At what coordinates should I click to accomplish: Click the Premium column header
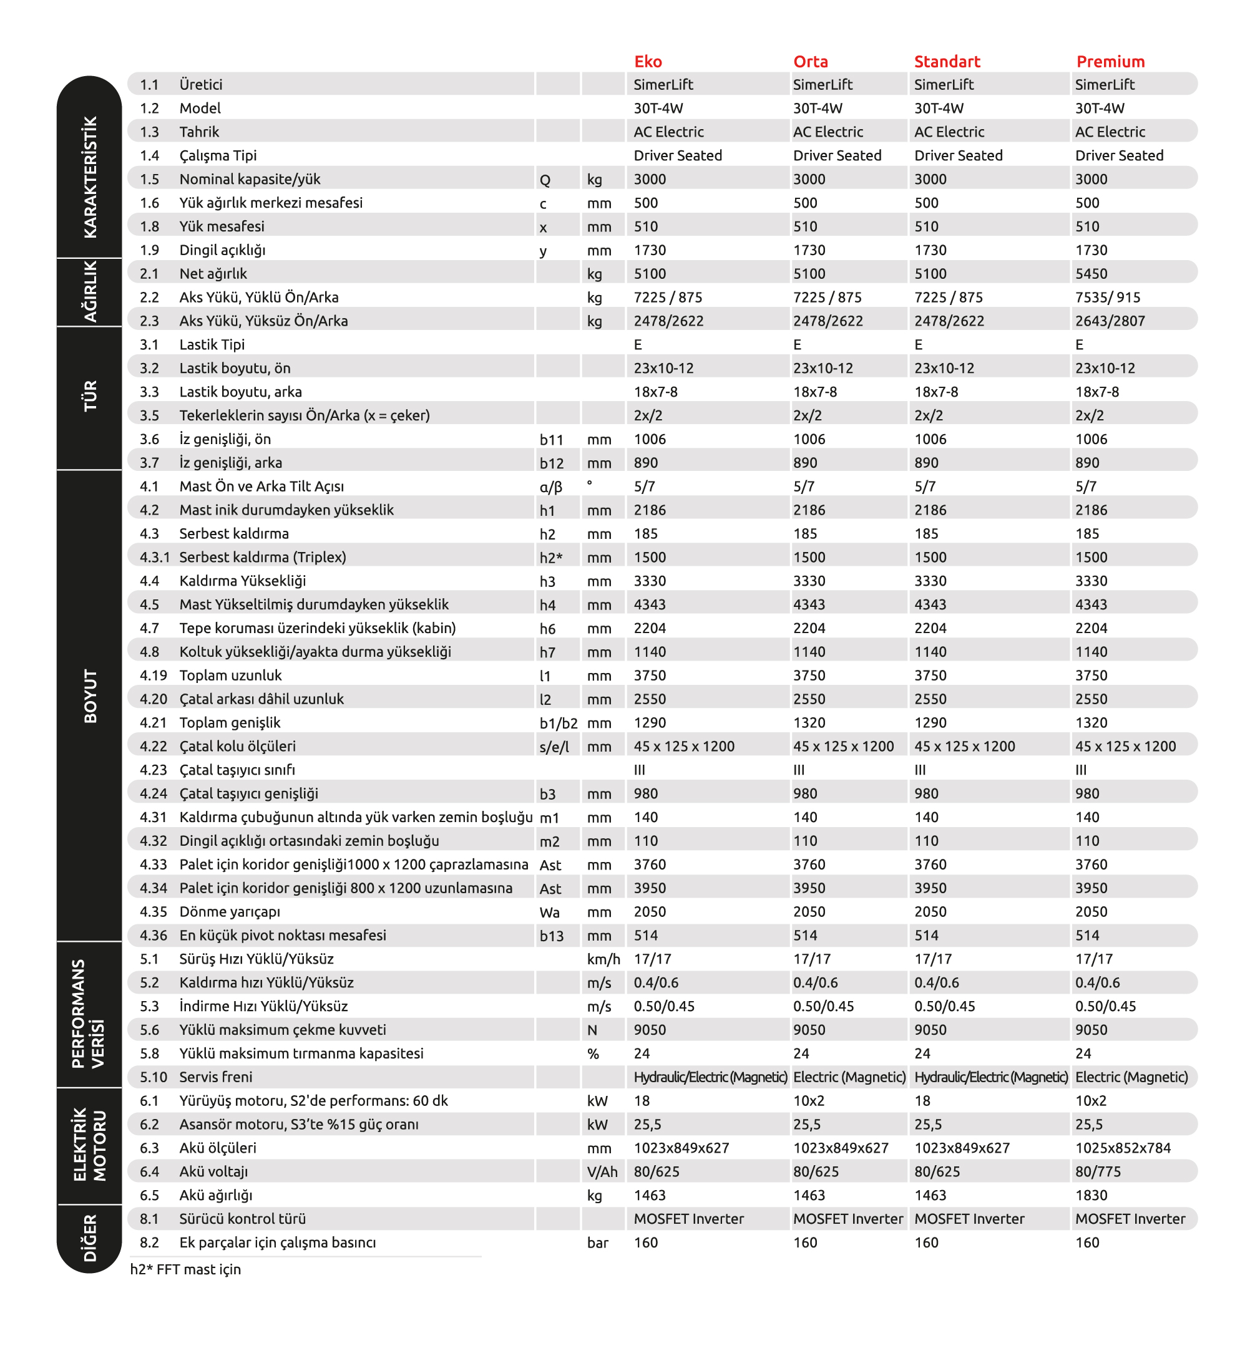[1110, 62]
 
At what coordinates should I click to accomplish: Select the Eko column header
[647, 62]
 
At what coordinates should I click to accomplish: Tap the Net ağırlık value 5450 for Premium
[1091, 274]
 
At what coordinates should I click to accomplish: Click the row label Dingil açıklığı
[222, 249]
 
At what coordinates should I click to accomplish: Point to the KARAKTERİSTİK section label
[90, 177]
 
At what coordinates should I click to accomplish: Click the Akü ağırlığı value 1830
[1091, 1194]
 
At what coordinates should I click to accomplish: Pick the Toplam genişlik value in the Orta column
[809, 722]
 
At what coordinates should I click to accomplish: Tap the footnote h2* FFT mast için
[185, 1269]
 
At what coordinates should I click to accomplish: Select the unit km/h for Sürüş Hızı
[603, 959]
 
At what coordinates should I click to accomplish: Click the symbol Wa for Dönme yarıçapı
[549, 912]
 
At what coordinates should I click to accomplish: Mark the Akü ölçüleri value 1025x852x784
[1123, 1147]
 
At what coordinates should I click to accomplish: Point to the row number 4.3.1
[154, 556]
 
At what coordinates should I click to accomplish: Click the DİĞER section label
[90, 1237]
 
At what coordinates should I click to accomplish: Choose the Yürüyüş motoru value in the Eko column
[642, 1100]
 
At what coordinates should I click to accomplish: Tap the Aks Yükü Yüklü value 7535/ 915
[1107, 298]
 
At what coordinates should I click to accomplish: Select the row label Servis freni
[215, 1077]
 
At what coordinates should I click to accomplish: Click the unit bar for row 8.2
[597, 1242]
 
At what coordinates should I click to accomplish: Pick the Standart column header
[947, 62]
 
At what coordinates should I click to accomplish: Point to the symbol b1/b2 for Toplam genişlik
[559, 723]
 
